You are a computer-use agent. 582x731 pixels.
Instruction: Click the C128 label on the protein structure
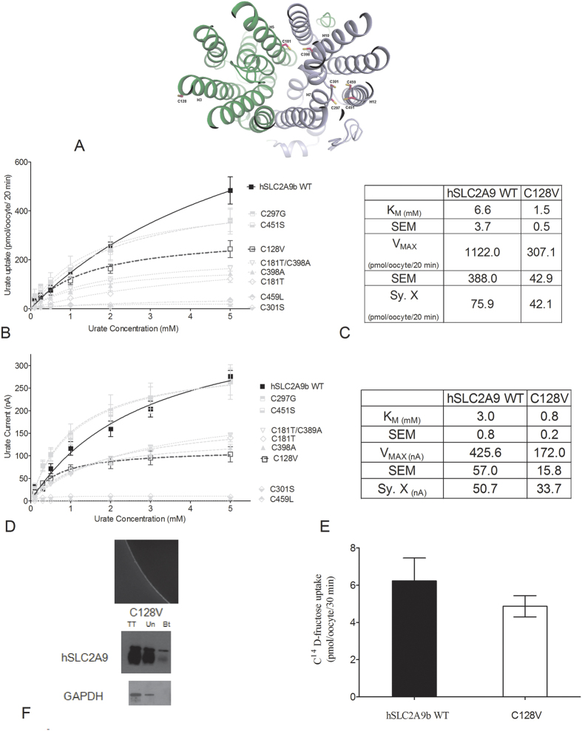(x=182, y=100)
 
